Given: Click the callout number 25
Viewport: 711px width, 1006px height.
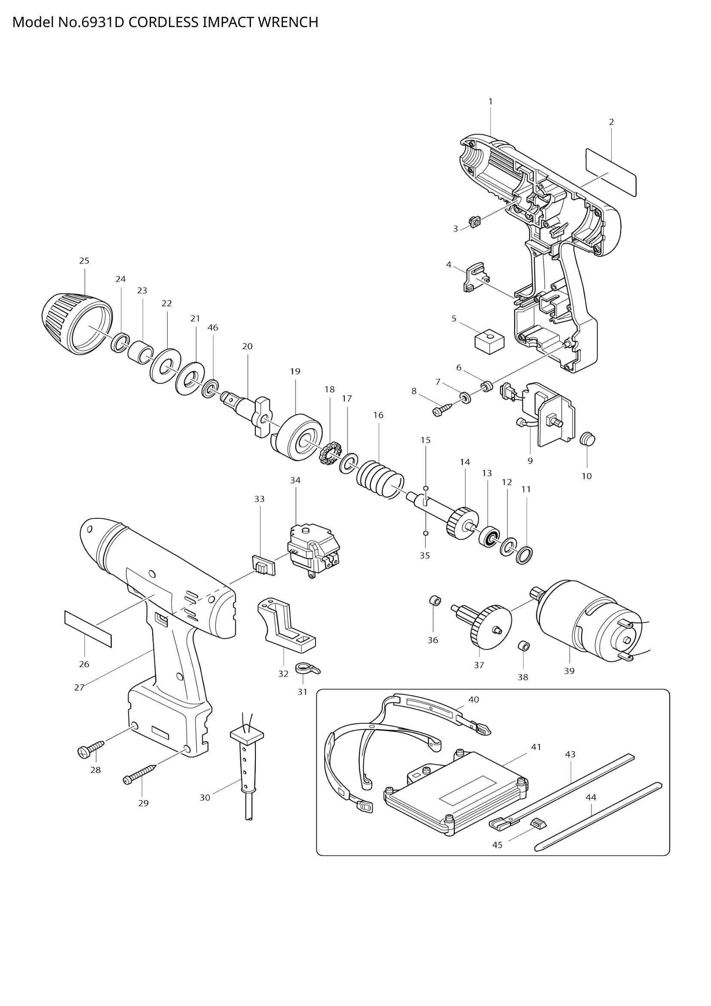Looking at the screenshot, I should tap(84, 261).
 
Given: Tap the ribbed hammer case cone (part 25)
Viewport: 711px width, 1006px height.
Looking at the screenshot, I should tap(77, 324).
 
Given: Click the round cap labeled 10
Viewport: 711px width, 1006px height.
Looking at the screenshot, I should tap(588, 438).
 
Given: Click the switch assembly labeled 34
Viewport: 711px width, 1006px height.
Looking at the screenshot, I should tap(313, 551).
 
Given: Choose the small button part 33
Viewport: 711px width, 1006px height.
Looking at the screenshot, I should tap(264, 565).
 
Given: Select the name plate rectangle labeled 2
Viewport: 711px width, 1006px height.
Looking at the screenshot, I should tap(611, 172).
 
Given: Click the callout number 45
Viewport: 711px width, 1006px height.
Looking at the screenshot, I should tap(497, 845).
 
